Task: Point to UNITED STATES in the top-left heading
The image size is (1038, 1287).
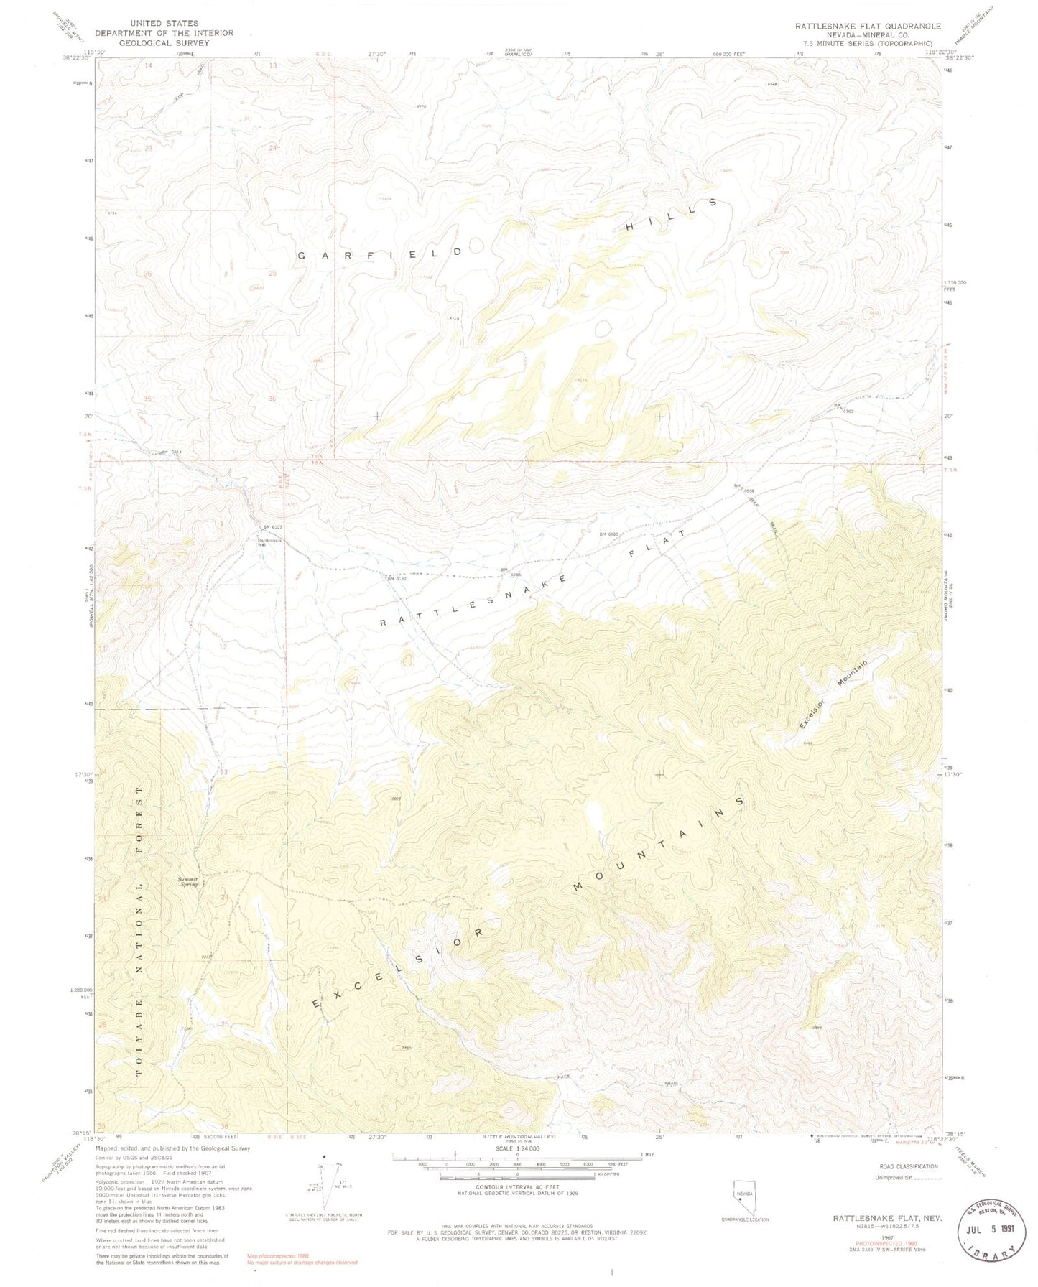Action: (x=164, y=24)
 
